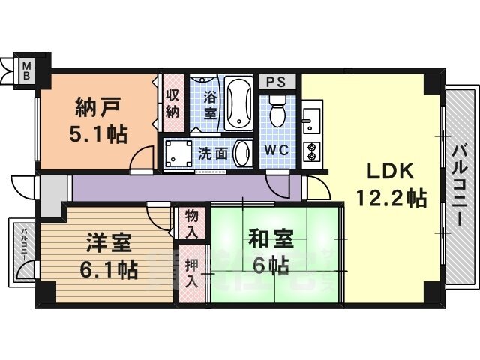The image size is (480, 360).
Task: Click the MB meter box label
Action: point(27,70)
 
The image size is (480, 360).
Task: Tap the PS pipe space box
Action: point(277,82)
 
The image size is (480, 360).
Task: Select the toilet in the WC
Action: point(277,110)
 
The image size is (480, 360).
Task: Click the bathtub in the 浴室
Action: point(238,103)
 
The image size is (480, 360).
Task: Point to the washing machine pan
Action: point(178,153)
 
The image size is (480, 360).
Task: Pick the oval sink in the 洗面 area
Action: point(243,153)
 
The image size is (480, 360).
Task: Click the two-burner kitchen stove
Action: point(312,152)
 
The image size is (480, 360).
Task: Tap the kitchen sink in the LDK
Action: point(312,118)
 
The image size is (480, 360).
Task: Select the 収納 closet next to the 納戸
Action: point(172,103)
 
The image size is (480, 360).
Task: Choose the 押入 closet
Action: point(192,273)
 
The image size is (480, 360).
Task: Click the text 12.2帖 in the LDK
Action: point(391,198)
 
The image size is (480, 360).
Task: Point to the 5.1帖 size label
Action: point(98,134)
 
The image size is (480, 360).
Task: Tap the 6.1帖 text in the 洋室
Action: point(108,269)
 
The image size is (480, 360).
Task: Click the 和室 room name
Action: point(271,238)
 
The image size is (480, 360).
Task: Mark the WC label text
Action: point(277,150)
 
